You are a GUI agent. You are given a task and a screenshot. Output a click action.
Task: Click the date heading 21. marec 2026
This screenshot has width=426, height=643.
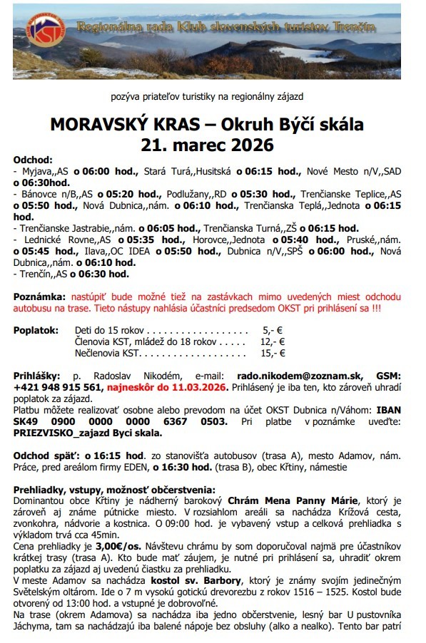tap(207, 145)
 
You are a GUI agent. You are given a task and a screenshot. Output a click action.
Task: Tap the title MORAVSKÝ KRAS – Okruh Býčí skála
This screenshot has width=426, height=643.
tap(207, 125)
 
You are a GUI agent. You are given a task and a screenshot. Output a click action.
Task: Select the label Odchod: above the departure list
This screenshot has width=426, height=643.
tap(33, 160)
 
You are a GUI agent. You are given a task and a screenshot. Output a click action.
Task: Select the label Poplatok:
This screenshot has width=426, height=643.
tap(36, 331)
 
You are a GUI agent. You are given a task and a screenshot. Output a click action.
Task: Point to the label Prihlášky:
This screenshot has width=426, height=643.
tap(36, 375)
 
